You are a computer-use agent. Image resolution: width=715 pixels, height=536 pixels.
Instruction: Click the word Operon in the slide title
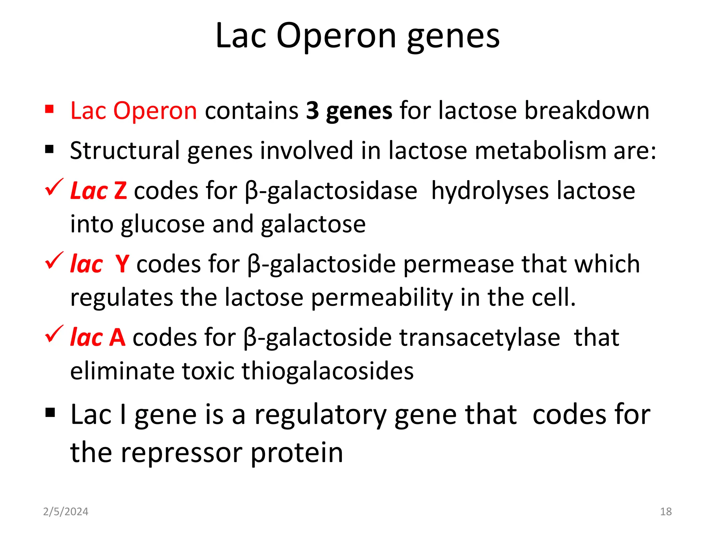[x=336, y=36]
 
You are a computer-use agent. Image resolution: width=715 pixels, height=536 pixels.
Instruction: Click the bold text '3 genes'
[x=349, y=111]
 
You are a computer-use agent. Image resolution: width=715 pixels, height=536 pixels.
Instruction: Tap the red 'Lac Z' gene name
[x=98, y=191]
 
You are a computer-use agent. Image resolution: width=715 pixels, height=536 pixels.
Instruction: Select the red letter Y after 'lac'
[x=122, y=264]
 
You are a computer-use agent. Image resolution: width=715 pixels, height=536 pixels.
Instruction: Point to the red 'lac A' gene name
[x=98, y=338]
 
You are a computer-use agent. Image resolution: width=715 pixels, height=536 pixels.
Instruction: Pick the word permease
[x=458, y=264]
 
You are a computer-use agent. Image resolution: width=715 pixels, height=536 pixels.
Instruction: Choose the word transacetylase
[x=480, y=338]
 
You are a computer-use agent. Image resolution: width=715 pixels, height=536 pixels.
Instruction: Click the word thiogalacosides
[x=327, y=371]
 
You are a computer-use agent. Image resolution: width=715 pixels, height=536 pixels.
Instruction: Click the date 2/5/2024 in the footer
[x=66, y=512]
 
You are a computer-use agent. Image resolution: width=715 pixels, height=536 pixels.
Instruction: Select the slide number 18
[x=666, y=512]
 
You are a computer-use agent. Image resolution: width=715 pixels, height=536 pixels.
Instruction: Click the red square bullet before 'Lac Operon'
[x=49, y=110]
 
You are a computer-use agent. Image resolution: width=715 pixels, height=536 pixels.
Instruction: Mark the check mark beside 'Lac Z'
[x=54, y=187]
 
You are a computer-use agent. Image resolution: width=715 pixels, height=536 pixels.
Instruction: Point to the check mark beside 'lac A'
[x=54, y=334]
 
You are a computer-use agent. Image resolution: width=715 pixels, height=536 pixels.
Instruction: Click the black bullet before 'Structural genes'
[x=49, y=150]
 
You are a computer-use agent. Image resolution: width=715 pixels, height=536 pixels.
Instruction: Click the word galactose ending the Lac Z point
[x=313, y=224]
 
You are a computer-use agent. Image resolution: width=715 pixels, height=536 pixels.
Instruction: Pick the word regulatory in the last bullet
[x=320, y=415]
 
